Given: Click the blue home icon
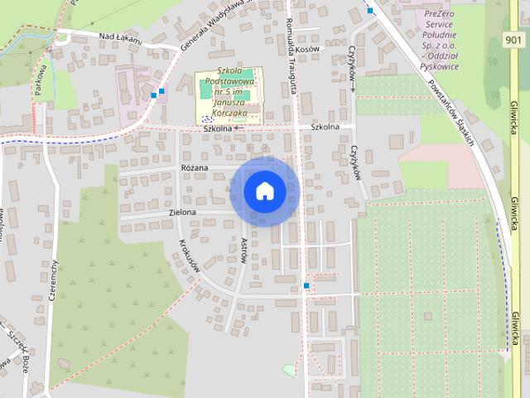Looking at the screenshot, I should tap(264, 191).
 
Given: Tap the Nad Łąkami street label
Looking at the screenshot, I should tap(120, 38).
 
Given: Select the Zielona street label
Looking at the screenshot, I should tap(182, 212).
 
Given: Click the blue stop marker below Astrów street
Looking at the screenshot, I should tap(306, 286).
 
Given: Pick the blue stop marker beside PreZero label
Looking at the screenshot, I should tap(370, 11).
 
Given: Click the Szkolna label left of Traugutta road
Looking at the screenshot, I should tap(216, 129).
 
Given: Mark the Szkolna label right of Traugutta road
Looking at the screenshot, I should tap(325, 127).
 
